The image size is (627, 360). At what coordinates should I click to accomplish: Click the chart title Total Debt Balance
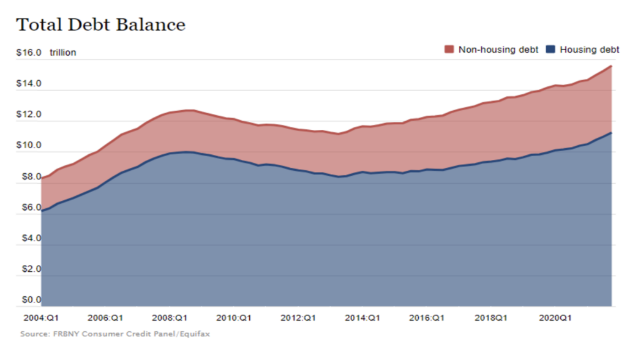[100, 25]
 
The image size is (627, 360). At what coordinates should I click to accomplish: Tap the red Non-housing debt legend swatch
[449, 50]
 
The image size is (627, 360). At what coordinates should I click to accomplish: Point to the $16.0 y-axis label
[29, 53]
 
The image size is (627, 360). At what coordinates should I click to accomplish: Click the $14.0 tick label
[29, 84]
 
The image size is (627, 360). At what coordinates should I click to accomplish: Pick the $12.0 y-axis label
[29, 115]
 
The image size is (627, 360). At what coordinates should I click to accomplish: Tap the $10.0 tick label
[29, 146]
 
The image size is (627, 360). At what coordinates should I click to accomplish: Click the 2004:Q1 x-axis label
[41, 318]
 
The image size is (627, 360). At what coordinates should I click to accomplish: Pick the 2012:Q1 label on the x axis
[298, 318]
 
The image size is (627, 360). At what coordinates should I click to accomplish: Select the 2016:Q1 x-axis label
[427, 318]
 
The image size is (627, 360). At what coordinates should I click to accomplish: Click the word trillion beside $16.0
[62, 53]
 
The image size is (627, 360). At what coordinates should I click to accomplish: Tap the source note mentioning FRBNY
[116, 334]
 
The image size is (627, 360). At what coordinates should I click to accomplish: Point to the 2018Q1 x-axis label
[490, 318]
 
